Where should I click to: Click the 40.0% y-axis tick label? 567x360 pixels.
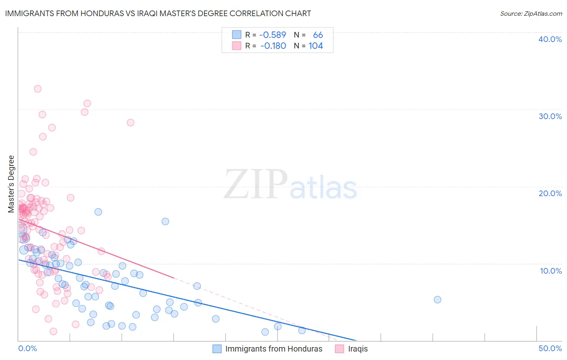point(550,39)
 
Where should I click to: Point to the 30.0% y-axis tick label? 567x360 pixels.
point(550,116)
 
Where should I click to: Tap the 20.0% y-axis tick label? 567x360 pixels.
point(550,193)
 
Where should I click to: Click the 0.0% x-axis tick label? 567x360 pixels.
point(27,348)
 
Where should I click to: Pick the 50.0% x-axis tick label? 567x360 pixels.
point(550,348)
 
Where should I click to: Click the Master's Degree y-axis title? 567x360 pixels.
point(11,184)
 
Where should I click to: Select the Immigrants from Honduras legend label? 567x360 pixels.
point(274,349)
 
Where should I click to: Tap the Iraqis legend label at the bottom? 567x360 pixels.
point(358,349)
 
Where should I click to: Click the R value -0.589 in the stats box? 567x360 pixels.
point(273,35)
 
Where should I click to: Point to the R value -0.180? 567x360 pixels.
point(273,46)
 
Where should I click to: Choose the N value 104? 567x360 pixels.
point(316,46)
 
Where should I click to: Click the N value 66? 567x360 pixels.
point(318,35)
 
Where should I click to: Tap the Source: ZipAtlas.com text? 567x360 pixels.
point(531,14)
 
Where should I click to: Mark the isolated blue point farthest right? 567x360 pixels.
point(437,299)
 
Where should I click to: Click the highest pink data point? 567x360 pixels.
point(38,89)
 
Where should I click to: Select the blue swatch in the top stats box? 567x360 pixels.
point(236,35)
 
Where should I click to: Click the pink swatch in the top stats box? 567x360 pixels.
point(236,46)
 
